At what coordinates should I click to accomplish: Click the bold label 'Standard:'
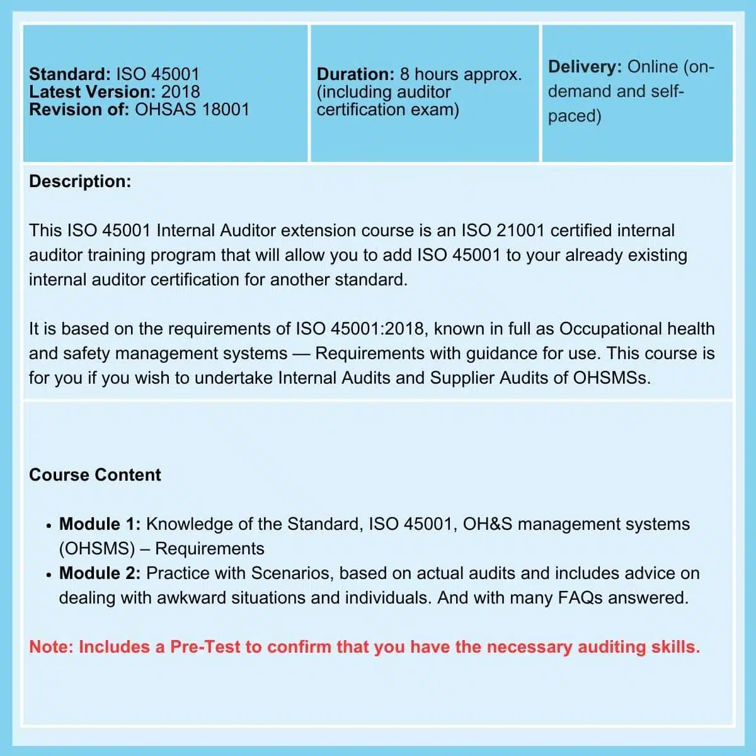point(69,74)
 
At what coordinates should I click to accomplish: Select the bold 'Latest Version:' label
point(92,92)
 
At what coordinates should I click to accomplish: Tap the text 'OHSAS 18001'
point(193,110)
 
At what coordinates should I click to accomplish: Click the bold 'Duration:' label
point(355,74)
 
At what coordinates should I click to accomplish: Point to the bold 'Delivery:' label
point(585,67)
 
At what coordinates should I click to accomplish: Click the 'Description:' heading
point(80,181)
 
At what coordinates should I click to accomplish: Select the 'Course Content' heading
point(95,475)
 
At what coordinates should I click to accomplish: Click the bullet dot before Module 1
point(49,525)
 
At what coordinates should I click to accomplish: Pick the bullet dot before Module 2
point(49,575)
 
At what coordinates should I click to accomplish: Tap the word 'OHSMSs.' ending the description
point(612,378)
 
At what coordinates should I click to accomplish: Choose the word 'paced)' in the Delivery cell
point(575,116)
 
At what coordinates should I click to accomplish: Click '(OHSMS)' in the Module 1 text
point(97,549)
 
